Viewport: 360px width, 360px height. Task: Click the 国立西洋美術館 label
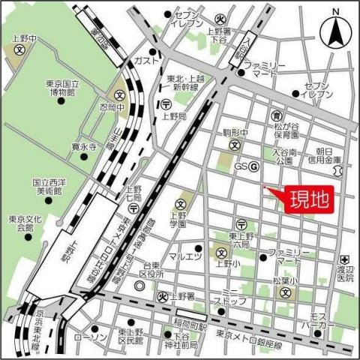point(51,187)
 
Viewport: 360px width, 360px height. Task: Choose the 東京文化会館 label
point(22,223)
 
